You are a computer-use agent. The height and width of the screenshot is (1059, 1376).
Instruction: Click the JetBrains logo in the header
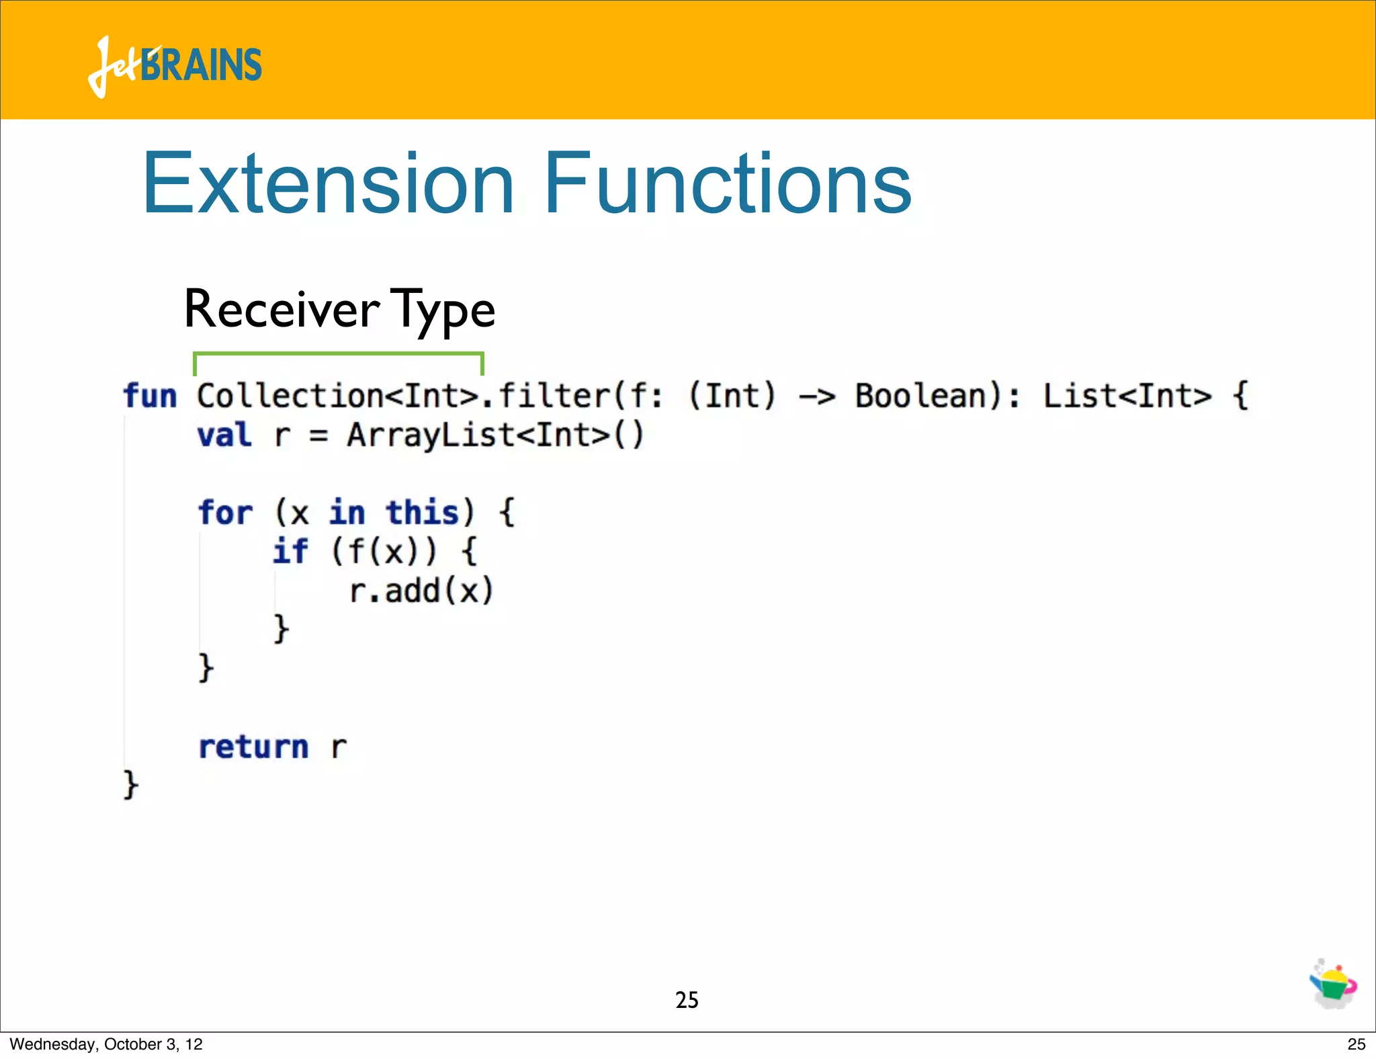pyautogui.click(x=175, y=66)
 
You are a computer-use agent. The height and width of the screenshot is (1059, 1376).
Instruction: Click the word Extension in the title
pyautogui.click(x=328, y=183)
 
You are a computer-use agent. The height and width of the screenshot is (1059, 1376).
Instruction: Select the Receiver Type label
pyautogui.click(x=339, y=310)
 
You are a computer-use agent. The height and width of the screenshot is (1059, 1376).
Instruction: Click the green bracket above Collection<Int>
pyautogui.click(x=338, y=354)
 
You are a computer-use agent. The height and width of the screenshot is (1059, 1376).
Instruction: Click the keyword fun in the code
pyautogui.click(x=149, y=396)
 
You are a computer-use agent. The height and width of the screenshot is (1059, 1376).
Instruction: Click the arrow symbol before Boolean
pyautogui.click(x=816, y=396)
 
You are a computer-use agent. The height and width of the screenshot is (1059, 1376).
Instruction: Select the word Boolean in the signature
pyautogui.click(x=920, y=396)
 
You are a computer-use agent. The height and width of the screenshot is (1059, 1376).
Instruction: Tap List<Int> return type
pyautogui.click(x=1127, y=396)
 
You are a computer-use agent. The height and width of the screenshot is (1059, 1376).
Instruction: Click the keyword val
pyautogui.click(x=224, y=435)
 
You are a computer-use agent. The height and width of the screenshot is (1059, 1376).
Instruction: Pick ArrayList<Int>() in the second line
pyautogui.click(x=495, y=435)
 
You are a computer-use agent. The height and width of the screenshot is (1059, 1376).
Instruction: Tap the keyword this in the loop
pyautogui.click(x=422, y=513)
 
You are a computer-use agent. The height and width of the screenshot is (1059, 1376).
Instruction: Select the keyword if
pyautogui.click(x=290, y=552)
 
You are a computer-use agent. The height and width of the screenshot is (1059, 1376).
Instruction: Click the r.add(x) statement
pyautogui.click(x=421, y=591)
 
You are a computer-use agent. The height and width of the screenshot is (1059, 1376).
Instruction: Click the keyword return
pyautogui.click(x=253, y=747)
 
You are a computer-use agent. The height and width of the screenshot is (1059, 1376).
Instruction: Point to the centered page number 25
pyautogui.click(x=687, y=1000)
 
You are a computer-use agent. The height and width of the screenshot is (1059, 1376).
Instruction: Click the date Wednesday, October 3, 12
pyautogui.click(x=106, y=1044)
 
